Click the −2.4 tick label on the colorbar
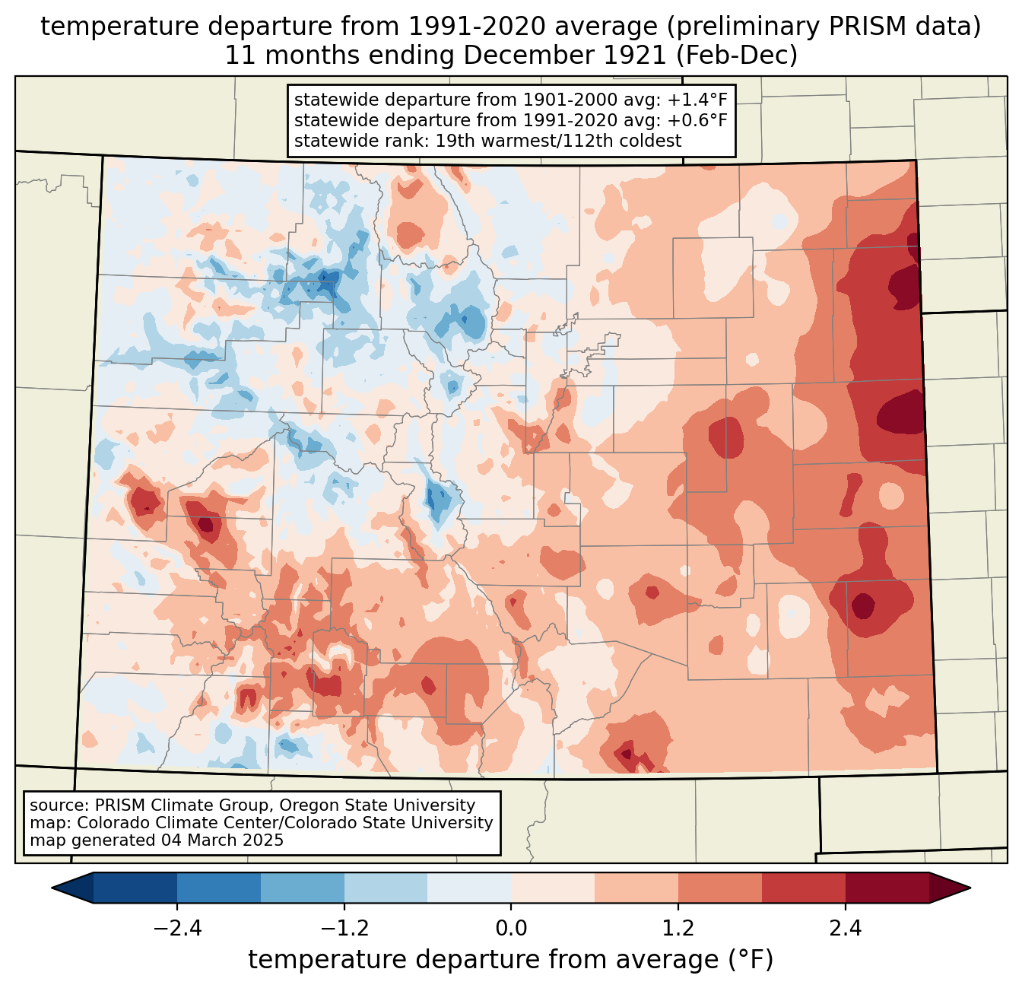pos(176,929)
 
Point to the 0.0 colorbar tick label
pos(511,929)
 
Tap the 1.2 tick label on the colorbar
pos(678,929)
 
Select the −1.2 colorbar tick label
pos(344,929)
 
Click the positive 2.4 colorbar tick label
pos(845,929)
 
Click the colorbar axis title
pos(511,960)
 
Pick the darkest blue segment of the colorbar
pos(135,888)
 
